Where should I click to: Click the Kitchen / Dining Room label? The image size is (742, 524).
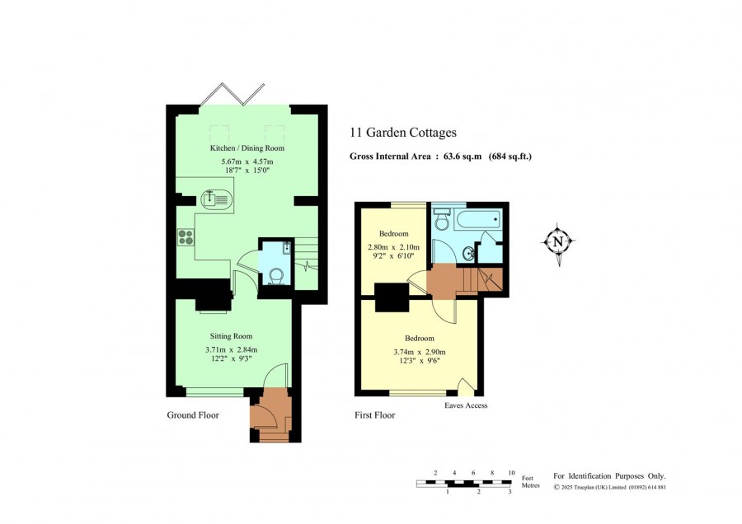(x=247, y=148)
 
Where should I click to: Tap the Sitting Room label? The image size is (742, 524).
(x=231, y=336)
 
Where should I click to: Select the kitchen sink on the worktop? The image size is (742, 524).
(x=216, y=199)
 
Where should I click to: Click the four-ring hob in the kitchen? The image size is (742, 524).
(x=186, y=237)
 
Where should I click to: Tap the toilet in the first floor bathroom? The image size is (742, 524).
(x=442, y=219)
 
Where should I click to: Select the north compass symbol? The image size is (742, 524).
(x=558, y=242)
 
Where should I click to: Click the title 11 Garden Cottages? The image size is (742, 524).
(x=403, y=133)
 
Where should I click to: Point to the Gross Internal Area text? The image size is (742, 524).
(x=440, y=156)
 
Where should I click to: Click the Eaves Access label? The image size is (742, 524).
(x=466, y=405)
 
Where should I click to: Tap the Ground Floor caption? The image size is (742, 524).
(x=193, y=414)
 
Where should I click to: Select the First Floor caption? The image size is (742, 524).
(x=375, y=415)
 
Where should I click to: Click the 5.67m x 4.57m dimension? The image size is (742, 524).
(x=247, y=161)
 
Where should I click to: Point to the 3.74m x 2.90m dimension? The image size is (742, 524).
(x=420, y=352)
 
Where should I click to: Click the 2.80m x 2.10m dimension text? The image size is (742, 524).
(x=394, y=247)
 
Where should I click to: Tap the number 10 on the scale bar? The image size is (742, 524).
(x=511, y=473)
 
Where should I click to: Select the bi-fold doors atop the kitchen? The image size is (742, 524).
(x=232, y=94)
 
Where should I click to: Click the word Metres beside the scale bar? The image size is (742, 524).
(x=530, y=485)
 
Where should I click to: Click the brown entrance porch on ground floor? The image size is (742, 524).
(x=270, y=414)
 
